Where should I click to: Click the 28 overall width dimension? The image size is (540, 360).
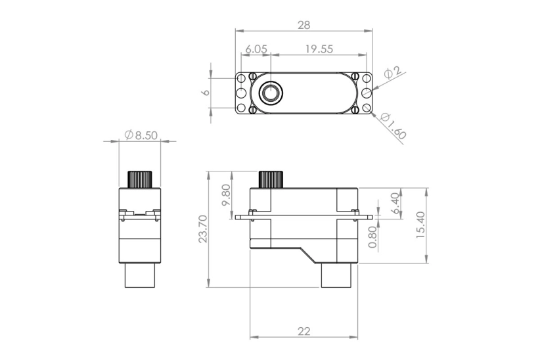pyautogui.click(x=304, y=25)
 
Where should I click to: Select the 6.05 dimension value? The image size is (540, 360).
pyautogui.click(x=256, y=49)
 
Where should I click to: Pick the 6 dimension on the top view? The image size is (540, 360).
pyautogui.click(x=205, y=93)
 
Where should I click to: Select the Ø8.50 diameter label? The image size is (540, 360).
pyautogui.click(x=141, y=135)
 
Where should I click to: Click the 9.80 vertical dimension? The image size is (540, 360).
pyautogui.click(x=227, y=194)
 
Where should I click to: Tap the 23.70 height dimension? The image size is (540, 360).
pyautogui.click(x=202, y=229)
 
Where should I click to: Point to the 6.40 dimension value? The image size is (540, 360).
pyautogui.click(x=395, y=203)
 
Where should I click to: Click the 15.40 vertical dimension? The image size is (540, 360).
pyautogui.click(x=420, y=225)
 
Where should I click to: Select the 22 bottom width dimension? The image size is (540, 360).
pyautogui.click(x=304, y=331)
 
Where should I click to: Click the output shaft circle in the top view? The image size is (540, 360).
pyautogui.click(x=269, y=93)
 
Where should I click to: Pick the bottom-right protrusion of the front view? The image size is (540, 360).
pyautogui.click(x=338, y=275)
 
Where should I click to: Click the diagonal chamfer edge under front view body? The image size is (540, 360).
pyautogui.click(x=309, y=255)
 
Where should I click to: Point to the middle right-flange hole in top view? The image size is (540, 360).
pyautogui.click(x=367, y=93)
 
